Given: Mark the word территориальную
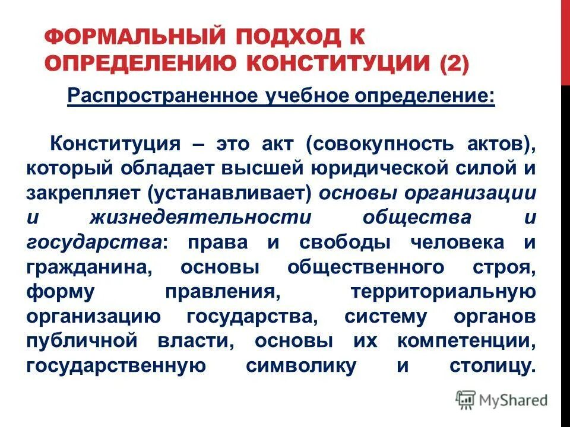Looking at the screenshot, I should tap(444, 292).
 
